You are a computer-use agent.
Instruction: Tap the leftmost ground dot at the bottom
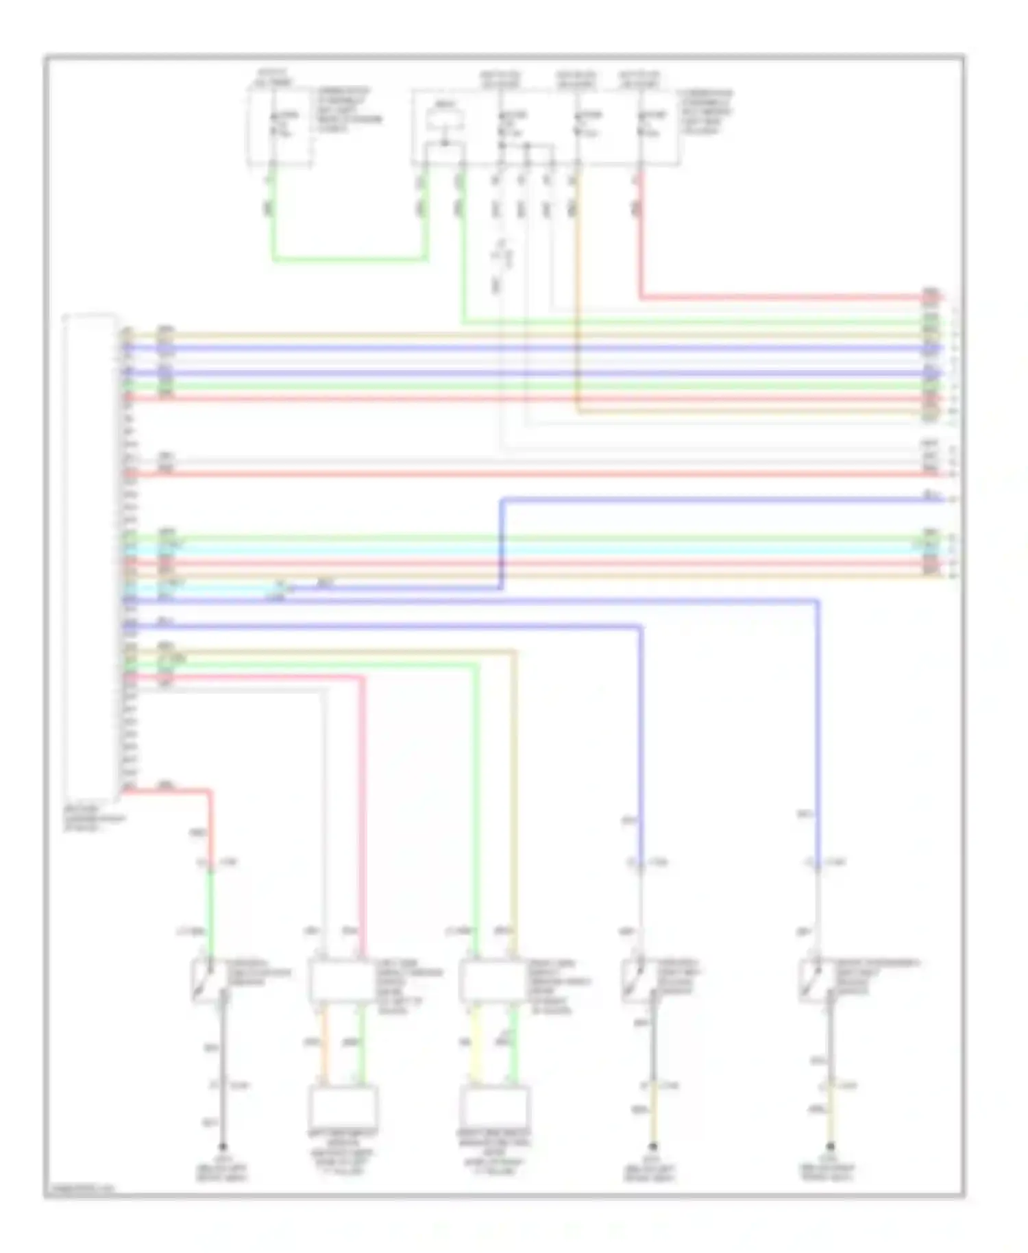(222, 1146)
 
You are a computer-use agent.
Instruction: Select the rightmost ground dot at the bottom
(830, 1146)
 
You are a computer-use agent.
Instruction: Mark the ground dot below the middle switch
(653, 1146)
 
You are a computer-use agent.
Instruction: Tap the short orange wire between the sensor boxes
(326, 1045)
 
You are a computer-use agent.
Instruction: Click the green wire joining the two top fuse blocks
(350, 259)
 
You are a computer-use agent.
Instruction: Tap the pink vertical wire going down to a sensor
(363, 809)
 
